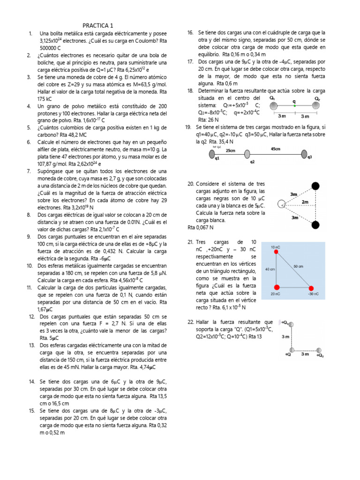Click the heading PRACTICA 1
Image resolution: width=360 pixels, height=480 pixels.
(x=98, y=25)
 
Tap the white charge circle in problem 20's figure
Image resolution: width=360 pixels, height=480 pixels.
(x=281, y=204)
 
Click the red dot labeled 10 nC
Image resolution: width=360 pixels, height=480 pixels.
(x=277, y=252)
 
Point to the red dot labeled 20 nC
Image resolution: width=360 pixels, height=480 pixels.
(x=277, y=287)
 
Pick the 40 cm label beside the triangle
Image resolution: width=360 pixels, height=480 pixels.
(x=270, y=270)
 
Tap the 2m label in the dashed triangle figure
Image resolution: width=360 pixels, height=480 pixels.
(x=305, y=202)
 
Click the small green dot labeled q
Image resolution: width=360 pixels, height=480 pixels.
(x=294, y=106)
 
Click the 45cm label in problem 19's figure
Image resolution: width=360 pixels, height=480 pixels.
(x=275, y=149)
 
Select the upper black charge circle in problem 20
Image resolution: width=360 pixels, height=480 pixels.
(x=316, y=186)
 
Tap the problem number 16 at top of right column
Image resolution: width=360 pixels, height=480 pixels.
(x=190, y=33)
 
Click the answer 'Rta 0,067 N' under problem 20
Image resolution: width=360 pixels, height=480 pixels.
(x=201, y=227)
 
